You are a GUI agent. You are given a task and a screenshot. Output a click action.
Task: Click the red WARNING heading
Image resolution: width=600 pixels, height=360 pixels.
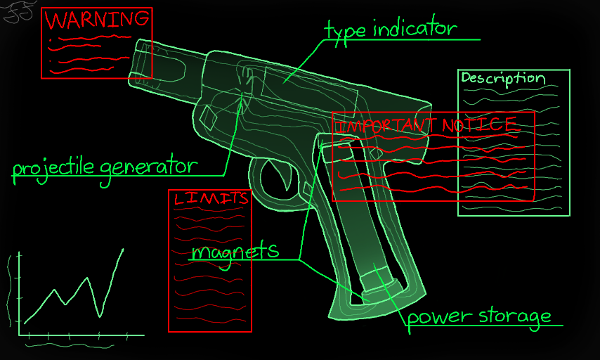97,19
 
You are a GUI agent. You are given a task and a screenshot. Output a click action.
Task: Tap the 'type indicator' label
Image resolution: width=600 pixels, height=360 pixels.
391,29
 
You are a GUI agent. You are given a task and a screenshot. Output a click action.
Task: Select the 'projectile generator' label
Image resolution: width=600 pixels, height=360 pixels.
104,167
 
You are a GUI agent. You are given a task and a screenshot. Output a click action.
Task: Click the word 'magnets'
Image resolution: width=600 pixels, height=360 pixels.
235,251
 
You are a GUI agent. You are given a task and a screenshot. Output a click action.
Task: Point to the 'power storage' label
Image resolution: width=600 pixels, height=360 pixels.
479,316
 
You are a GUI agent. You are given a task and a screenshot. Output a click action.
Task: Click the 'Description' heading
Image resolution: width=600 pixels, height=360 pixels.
503,78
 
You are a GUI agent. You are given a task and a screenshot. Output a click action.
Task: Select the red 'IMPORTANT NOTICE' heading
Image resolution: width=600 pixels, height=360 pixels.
426,125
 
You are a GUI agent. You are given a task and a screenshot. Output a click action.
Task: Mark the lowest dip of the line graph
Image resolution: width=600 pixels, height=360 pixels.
100,316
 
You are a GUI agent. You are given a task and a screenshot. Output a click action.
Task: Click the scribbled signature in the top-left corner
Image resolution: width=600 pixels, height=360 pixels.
19,12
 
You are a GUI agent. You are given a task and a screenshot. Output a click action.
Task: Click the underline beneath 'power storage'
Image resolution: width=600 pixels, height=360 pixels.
485,326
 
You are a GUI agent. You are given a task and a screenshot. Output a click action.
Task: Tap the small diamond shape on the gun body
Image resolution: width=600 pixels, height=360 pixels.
209,117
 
